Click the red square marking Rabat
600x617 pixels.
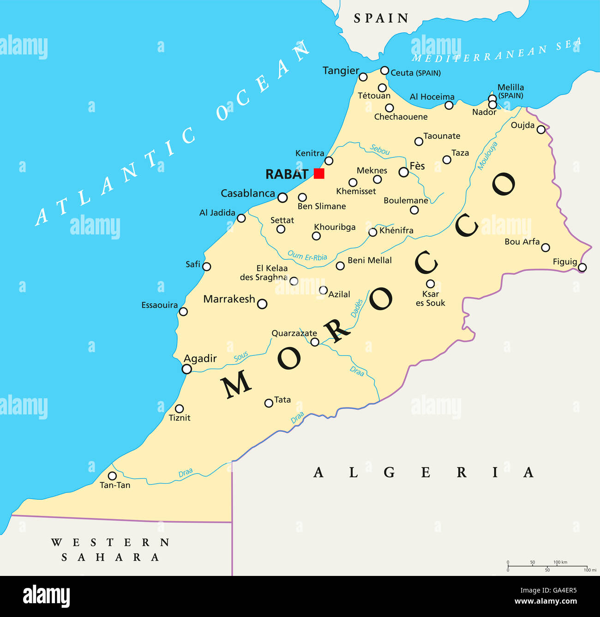[x=319, y=174]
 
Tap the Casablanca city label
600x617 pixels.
[x=248, y=193]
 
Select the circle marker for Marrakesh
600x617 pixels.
[x=262, y=304]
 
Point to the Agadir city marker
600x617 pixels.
[x=187, y=369]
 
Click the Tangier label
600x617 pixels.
[x=341, y=71]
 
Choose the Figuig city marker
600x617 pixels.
[x=582, y=267]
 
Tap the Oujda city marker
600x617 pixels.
[x=541, y=130]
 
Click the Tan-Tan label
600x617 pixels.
[x=115, y=485]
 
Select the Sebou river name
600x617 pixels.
[x=380, y=150]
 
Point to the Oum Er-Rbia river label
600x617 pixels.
[x=307, y=256]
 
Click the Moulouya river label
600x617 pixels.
[x=487, y=156]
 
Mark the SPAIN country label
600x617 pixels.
[x=381, y=18]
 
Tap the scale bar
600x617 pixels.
[x=547, y=566]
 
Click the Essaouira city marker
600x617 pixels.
[x=183, y=311]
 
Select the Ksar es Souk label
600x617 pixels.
[x=430, y=299]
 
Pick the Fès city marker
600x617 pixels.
[x=404, y=172]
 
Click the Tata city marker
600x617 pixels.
[x=269, y=403]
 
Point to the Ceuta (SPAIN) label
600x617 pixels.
[x=415, y=73]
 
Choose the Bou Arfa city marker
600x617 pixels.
[x=546, y=247]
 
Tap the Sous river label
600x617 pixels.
[x=240, y=356]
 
